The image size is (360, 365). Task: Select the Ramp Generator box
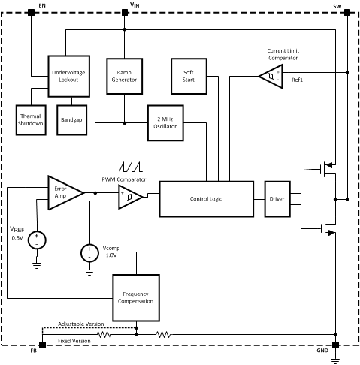click(x=123, y=75)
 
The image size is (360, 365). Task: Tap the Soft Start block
click(x=189, y=75)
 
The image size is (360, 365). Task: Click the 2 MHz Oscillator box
click(x=165, y=123)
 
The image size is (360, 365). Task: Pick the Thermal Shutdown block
click(x=32, y=120)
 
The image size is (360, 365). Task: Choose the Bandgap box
click(x=72, y=120)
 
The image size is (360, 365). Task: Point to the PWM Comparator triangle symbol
click(x=129, y=198)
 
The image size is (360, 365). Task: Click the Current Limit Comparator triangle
click(x=268, y=75)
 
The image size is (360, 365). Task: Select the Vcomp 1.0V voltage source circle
click(x=88, y=253)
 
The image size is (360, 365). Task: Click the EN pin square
click(x=31, y=13)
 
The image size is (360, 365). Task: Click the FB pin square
click(x=41, y=345)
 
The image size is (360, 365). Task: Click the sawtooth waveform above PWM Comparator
click(x=129, y=167)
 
